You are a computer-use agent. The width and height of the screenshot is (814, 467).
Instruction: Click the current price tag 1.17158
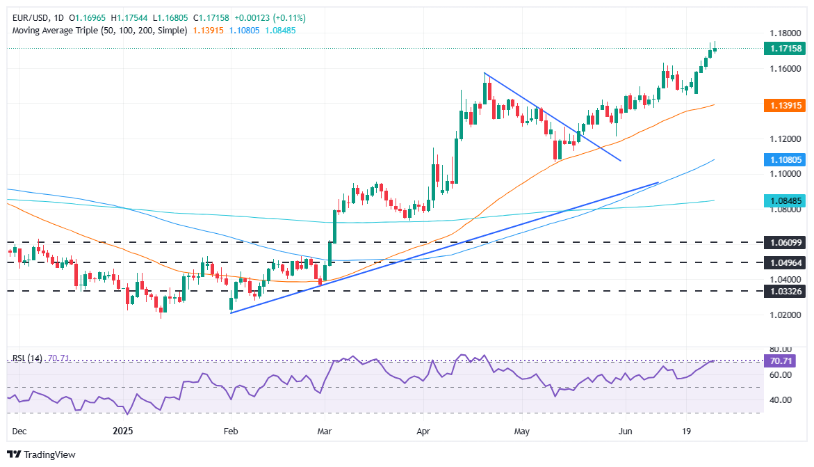784,49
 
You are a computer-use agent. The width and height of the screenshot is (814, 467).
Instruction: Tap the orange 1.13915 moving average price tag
784,106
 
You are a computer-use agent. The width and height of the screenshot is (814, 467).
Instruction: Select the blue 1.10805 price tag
784,160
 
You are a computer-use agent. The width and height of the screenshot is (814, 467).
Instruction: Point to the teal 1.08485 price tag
784,201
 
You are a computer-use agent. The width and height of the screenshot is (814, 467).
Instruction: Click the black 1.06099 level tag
784,243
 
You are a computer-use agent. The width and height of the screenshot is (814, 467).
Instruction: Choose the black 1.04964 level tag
784,263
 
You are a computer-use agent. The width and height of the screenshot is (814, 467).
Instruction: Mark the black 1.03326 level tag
784,292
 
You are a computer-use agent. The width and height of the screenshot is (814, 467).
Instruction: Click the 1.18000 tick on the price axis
784,33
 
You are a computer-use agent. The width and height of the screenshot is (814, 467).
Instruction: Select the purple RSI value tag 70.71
784,361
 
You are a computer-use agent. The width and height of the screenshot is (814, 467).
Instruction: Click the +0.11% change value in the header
288,17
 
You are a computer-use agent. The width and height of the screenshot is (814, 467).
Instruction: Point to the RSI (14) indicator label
28,358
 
